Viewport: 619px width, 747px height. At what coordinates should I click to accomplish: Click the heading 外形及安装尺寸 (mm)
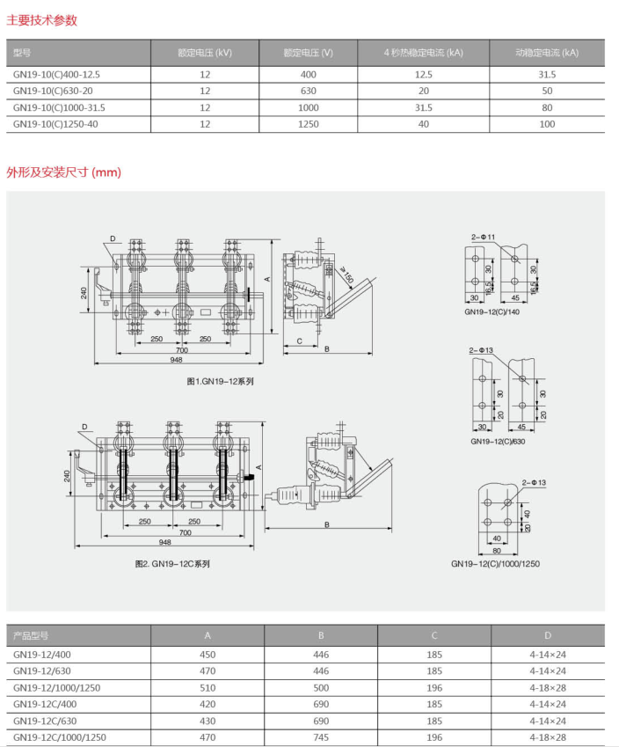pyautogui.click(x=64, y=172)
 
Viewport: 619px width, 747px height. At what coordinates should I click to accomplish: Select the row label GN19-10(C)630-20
pyautogui.click(x=54, y=91)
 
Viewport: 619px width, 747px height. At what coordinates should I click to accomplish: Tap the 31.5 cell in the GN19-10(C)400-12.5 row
pyautogui.click(x=547, y=75)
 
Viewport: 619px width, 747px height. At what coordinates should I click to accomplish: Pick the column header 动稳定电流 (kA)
pyautogui.click(x=547, y=53)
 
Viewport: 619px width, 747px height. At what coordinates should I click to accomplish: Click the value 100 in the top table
pyautogui.click(x=547, y=124)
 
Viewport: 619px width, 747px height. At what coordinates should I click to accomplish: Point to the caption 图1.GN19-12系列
pyautogui.click(x=220, y=381)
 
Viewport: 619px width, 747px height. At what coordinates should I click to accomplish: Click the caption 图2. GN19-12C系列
pyautogui.click(x=172, y=563)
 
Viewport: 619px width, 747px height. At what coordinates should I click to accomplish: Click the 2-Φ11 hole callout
pyautogui.click(x=483, y=237)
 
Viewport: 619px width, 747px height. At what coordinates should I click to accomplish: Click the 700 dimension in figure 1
pyautogui.click(x=181, y=350)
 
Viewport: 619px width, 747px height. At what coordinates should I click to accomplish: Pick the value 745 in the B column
pyautogui.click(x=321, y=737)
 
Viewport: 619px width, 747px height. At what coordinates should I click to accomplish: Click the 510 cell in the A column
pyautogui.click(x=208, y=687)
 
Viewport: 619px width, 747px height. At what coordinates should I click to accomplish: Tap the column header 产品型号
pyautogui.click(x=31, y=635)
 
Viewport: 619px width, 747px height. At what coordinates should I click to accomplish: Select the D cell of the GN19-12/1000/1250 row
pyautogui.click(x=548, y=687)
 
